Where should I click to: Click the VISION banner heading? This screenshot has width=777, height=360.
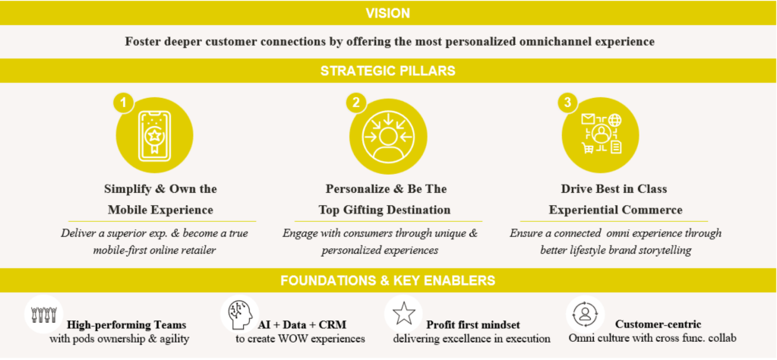point(387,13)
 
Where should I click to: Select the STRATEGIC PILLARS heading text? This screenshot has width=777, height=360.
point(387,71)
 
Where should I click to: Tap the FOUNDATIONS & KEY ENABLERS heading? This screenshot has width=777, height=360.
point(387,280)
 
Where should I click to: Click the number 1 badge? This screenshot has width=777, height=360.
point(123,103)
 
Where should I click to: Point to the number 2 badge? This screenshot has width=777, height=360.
point(355,103)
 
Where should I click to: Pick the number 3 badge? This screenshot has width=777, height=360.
point(566,103)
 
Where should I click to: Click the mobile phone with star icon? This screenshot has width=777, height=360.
point(155,137)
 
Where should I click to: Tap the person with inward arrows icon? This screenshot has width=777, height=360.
point(387,137)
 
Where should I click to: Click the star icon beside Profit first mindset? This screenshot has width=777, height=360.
point(403,314)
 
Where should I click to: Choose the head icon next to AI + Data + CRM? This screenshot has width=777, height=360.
point(237,314)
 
